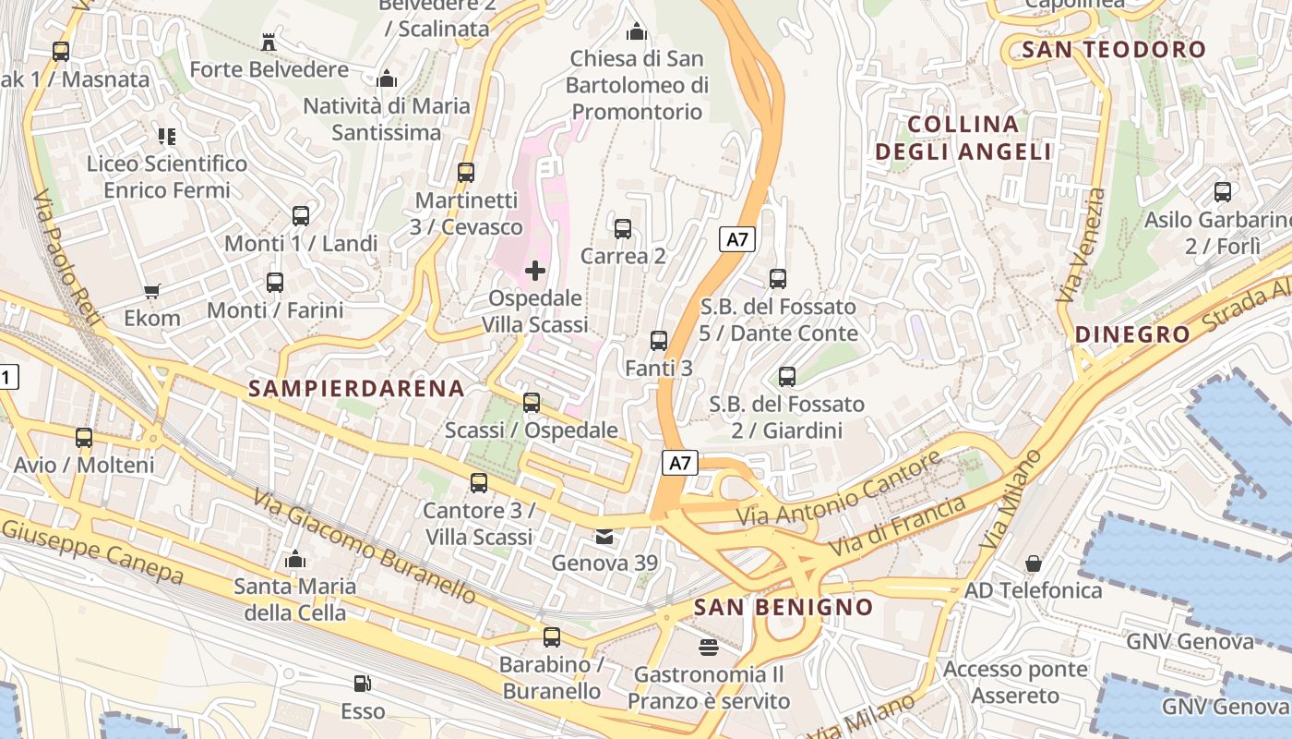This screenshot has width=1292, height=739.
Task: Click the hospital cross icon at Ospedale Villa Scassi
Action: click(534, 271)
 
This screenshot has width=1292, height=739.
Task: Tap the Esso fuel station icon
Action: click(364, 684)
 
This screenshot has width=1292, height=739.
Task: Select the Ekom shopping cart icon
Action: click(152, 291)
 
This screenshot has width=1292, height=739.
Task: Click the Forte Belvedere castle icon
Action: click(269, 42)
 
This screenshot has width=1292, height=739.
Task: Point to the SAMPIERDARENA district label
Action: click(357, 388)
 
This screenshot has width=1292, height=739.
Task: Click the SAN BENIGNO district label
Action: click(783, 607)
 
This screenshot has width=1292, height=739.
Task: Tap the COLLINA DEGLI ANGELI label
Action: click(963, 138)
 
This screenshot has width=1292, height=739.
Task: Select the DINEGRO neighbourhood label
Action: click(1132, 334)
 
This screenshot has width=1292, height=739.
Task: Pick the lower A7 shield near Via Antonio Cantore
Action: click(679, 463)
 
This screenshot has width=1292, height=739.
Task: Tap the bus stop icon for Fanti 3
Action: click(659, 341)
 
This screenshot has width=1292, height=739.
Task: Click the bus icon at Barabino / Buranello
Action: click(552, 636)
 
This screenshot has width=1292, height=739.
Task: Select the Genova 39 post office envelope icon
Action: click(604, 536)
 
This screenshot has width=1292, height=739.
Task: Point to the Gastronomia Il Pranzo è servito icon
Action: click(709, 647)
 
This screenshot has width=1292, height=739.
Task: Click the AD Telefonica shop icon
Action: click(1034, 563)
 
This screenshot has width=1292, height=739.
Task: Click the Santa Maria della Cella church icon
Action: click(295, 559)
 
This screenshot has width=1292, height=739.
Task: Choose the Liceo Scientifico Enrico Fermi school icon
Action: click(167, 137)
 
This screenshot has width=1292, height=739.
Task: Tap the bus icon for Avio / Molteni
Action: click(84, 438)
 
